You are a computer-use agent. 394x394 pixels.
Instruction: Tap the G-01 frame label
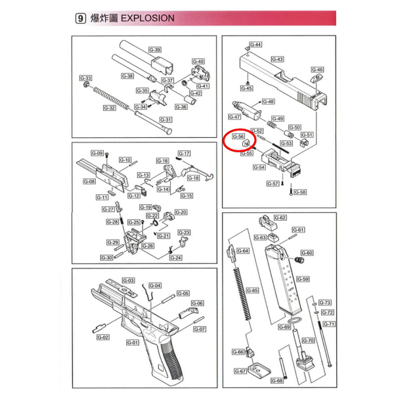(131, 342)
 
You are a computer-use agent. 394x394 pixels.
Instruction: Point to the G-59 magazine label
(303, 278)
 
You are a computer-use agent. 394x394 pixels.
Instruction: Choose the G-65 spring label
(252, 290)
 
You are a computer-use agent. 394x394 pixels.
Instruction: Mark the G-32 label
(109, 108)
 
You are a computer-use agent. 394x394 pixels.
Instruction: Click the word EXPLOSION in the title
(148, 18)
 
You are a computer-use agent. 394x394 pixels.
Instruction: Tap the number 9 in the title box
(80, 18)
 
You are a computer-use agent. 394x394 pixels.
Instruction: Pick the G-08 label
(89, 182)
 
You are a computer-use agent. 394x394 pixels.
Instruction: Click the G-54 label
(259, 167)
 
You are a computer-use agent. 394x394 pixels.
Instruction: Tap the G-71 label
(329, 324)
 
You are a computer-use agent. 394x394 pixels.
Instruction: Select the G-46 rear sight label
(317, 69)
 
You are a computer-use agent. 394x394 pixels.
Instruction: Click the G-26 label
(148, 246)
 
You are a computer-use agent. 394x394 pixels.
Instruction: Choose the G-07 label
(199, 328)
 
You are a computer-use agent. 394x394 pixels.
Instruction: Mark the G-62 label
(280, 217)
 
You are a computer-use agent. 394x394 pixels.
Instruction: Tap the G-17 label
(184, 153)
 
